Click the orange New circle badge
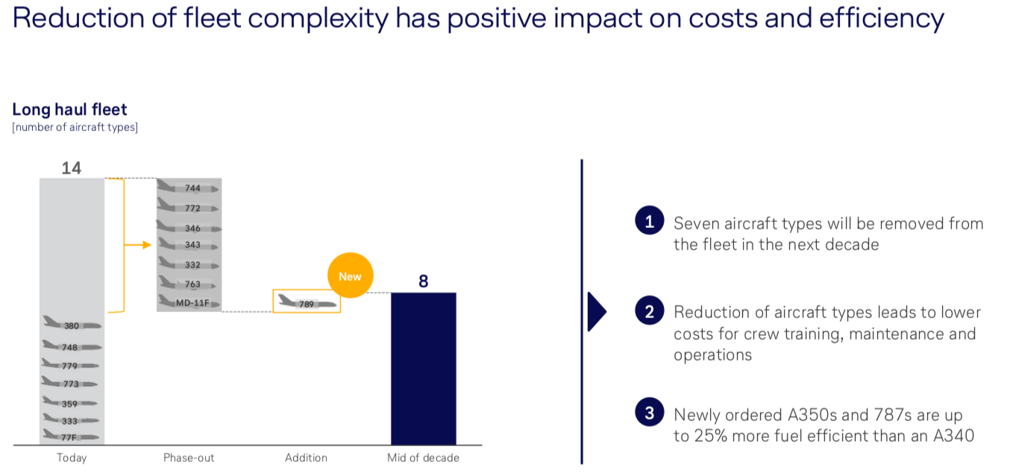[350, 276]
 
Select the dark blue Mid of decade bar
[423, 369]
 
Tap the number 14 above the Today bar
[71, 168]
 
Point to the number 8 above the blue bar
[423, 282]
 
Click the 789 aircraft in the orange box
[307, 302]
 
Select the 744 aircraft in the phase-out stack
[189, 188]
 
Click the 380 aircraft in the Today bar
[72, 325]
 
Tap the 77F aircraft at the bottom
[71, 437]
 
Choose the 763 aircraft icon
[189, 283]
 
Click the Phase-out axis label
[189, 457]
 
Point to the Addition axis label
[306, 457]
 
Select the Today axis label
[72, 457]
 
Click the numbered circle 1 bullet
[649, 221]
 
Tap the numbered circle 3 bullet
[649, 413]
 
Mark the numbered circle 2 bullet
[649, 311]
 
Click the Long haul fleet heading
[69, 110]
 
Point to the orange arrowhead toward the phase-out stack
[147, 244]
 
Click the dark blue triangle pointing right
[597, 311]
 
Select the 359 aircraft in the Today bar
[71, 403]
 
